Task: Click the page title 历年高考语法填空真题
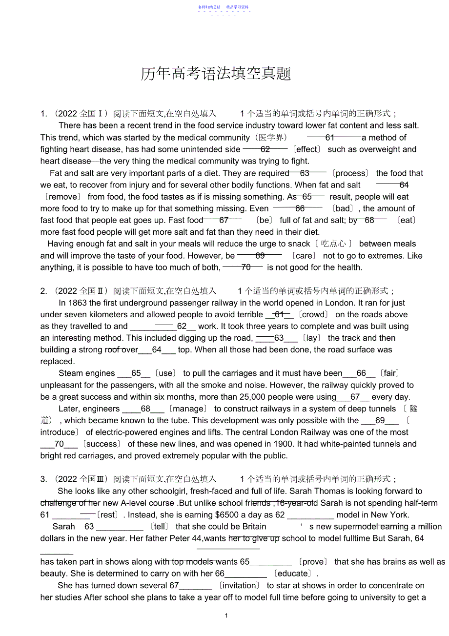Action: click(x=216, y=74)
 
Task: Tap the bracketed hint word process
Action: click(x=350, y=173)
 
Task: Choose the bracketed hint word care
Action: click(x=303, y=256)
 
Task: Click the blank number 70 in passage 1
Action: click(x=245, y=267)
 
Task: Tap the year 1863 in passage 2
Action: click(x=78, y=303)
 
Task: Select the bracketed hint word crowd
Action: click(x=313, y=315)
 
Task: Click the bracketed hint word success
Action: click(x=102, y=444)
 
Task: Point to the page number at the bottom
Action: click(x=226, y=615)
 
